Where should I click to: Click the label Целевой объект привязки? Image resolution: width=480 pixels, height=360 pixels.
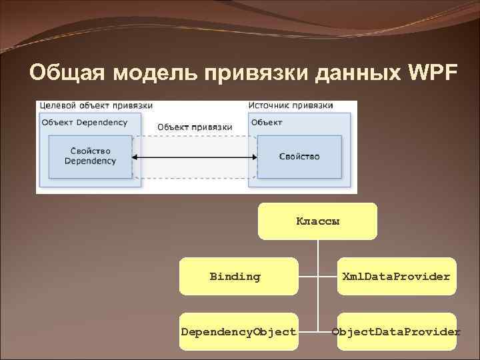click(x=96, y=106)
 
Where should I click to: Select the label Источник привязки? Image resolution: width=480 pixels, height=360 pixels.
click(x=291, y=106)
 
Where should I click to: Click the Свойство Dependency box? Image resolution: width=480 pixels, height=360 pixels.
click(x=90, y=157)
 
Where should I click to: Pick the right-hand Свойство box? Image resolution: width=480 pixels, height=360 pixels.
click(x=299, y=157)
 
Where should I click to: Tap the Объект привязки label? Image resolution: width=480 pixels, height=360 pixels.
click(x=195, y=127)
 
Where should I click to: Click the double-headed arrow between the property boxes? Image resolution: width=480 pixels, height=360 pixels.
click(x=195, y=157)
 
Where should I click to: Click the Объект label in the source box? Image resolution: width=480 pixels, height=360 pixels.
click(x=267, y=122)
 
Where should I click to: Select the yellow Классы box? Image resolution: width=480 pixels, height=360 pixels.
click(x=317, y=221)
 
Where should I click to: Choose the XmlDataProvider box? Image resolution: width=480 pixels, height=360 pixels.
click(x=396, y=276)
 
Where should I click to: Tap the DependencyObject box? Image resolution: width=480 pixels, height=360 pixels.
click(x=239, y=331)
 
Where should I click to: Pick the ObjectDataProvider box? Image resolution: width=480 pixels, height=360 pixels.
click(x=396, y=331)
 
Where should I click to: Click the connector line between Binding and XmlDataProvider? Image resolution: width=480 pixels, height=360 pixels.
click(x=317, y=276)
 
